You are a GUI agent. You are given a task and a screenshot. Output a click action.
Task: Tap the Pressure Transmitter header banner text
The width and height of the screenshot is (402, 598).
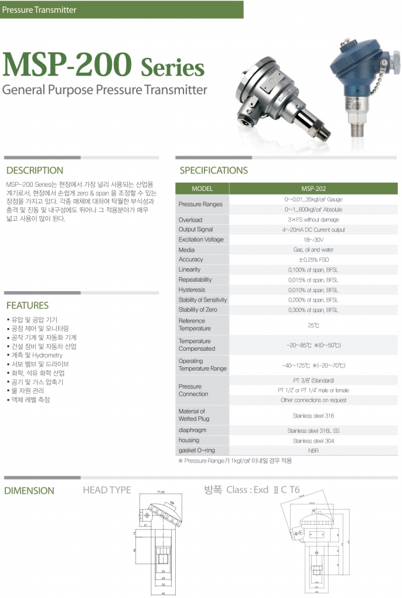pos(39,9)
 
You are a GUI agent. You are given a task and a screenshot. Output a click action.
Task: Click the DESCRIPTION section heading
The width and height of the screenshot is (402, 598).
pos(35,170)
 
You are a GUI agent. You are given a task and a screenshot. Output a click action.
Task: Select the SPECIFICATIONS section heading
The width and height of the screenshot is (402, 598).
pos(213,170)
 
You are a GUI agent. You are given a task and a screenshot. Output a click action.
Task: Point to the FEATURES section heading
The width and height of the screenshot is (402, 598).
pos(28,305)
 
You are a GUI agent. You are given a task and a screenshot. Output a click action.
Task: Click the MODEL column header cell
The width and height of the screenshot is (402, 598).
pos(202,189)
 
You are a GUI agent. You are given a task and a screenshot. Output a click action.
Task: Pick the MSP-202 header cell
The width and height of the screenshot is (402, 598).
pos(313,189)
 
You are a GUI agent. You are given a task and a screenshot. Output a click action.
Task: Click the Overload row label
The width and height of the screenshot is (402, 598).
pos(190,220)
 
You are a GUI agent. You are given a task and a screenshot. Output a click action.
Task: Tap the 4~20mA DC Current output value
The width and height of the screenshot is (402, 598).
pos(313,230)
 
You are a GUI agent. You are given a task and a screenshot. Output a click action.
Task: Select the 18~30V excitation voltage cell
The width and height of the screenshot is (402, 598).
pos(313,240)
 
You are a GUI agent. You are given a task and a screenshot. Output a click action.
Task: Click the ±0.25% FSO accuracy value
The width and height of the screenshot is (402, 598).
pos(313,259)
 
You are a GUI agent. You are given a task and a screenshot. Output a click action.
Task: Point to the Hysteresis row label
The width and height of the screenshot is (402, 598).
pos(192,290)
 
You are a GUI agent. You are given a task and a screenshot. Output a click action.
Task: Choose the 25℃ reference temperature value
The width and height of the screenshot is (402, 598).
pos(313,325)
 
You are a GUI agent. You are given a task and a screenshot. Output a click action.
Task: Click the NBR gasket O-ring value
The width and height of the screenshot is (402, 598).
pos(313,450)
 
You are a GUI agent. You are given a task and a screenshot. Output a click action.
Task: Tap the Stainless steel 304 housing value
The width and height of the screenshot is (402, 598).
pos(313,440)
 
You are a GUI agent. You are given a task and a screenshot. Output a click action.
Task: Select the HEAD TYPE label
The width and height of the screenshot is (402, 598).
pos(107,490)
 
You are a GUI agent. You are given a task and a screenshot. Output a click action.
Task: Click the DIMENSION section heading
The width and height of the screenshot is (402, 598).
pos(29,491)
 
